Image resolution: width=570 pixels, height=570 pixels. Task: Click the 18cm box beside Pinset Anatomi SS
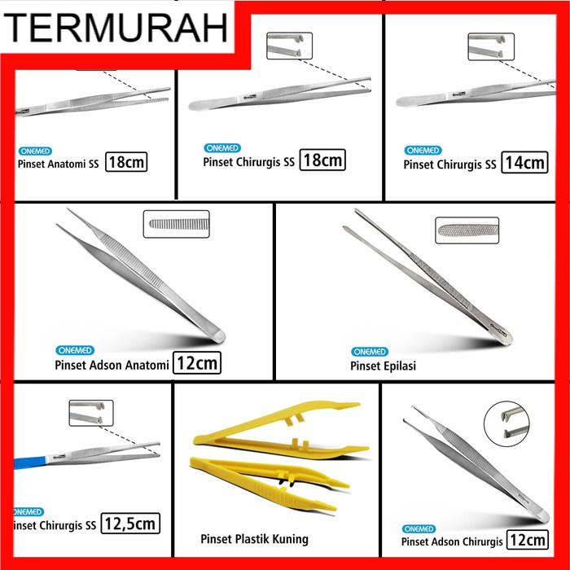coord(126,161)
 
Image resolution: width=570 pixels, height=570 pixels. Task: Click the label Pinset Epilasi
coord(384,366)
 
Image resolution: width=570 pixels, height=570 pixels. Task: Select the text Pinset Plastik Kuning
coord(254,539)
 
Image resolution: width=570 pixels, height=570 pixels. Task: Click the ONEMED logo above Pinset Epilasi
coord(370,351)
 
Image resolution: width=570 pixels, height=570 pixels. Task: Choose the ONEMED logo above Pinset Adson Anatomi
coord(75,350)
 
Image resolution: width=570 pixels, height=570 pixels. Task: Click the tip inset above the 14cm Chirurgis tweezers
coord(491,46)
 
